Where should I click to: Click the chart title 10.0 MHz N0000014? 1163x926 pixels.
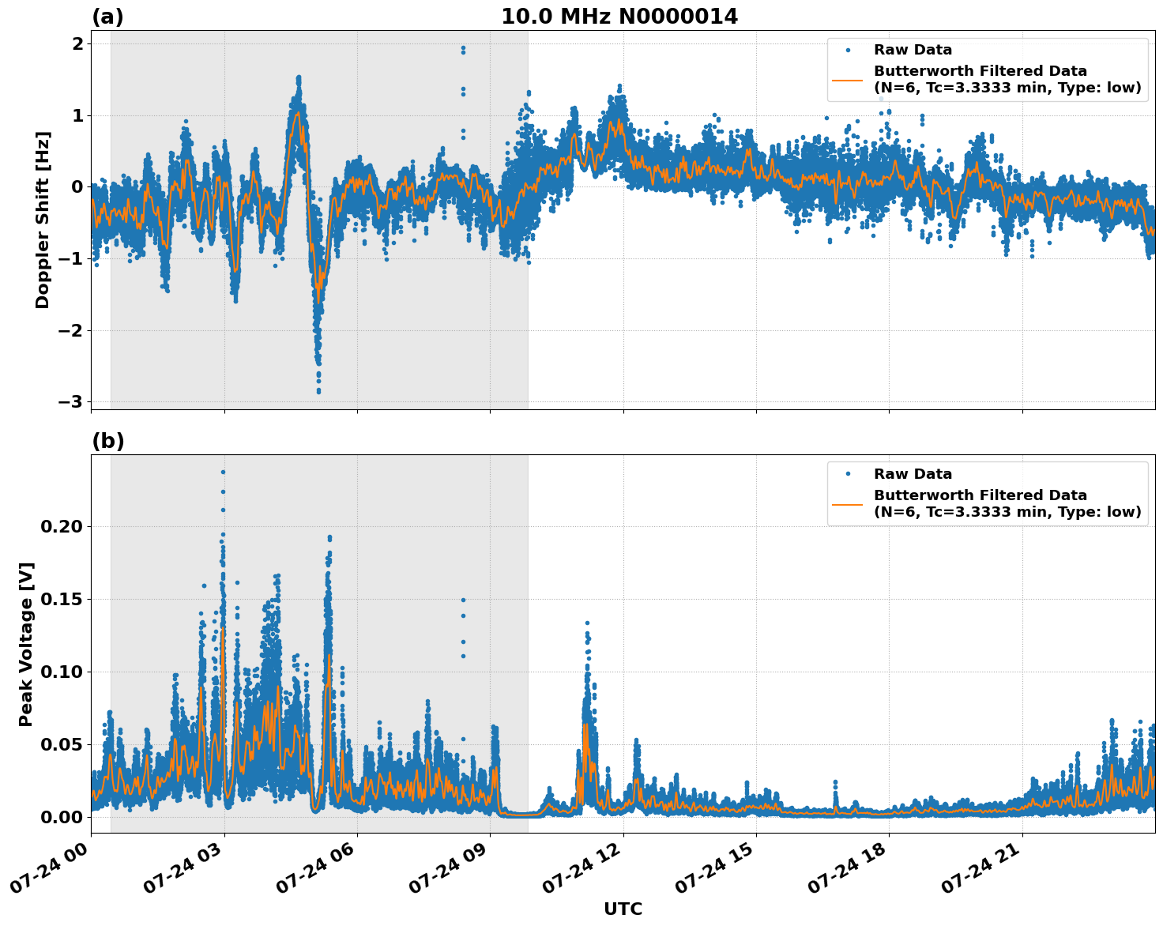point(619,17)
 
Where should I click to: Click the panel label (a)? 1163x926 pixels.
point(107,17)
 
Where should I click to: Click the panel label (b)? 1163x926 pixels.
point(107,441)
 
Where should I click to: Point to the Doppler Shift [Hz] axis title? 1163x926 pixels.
point(43,220)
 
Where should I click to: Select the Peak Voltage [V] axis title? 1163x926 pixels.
point(26,644)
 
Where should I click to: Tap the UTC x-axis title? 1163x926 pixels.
point(623,909)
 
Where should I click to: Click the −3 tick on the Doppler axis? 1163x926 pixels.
point(70,402)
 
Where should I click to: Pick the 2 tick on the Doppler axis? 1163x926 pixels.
point(77,43)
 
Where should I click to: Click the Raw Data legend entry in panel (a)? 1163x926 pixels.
point(913,50)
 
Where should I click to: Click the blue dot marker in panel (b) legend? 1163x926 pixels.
point(848,474)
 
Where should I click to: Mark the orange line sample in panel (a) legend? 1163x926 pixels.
point(848,80)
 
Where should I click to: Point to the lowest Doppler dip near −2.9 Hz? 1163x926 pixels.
point(318,391)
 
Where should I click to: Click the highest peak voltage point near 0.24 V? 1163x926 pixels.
point(223,472)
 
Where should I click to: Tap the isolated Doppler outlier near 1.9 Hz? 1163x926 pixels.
point(463,47)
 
